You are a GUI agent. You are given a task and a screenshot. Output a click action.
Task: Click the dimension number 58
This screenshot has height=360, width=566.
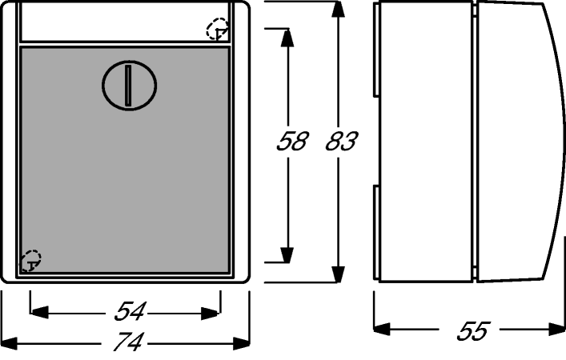click(x=292, y=141)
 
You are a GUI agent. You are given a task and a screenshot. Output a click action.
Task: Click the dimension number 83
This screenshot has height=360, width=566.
click(x=342, y=141)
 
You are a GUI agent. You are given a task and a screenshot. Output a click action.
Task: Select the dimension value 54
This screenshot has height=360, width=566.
click(x=130, y=311)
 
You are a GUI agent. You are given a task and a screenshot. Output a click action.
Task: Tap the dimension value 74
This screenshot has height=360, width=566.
click(x=129, y=342)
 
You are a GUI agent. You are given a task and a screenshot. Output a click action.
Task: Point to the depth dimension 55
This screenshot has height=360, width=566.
click(x=473, y=330)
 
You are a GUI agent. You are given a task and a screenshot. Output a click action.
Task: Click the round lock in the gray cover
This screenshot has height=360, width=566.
click(x=129, y=85)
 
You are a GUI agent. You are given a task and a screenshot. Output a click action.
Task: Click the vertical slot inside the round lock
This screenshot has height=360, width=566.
click(x=128, y=86)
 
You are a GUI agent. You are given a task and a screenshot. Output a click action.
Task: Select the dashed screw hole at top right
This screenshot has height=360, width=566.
click(x=217, y=29)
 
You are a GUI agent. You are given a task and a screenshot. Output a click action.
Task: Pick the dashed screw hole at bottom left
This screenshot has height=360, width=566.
click(x=30, y=261)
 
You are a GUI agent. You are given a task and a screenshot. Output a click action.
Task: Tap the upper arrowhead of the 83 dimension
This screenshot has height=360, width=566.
click(x=338, y=10)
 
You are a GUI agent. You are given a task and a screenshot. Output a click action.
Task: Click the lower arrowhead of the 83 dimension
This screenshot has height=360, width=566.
click(x=338, y=274)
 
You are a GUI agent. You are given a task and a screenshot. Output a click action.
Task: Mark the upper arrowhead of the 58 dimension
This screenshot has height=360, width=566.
click(x=287, y=38)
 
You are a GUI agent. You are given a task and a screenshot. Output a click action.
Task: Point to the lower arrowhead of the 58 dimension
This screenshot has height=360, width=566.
click(x=287, y=254)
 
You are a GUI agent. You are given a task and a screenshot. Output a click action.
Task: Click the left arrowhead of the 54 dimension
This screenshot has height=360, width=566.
click(x=39, y=313)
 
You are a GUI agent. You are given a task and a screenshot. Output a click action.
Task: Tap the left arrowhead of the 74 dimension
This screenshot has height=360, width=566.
click(x=9, y=343)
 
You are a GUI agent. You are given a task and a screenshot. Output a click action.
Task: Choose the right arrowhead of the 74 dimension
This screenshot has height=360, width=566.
click(x=241, y=343)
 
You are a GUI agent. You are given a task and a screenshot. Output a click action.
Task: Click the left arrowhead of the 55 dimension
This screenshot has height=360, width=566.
click(x=382, y=329)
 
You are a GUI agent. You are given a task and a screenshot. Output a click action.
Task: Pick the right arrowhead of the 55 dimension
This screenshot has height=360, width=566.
click(x=556, y=329)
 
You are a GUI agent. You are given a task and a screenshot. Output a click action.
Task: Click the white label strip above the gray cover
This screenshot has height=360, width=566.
click(x=125, y=22)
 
